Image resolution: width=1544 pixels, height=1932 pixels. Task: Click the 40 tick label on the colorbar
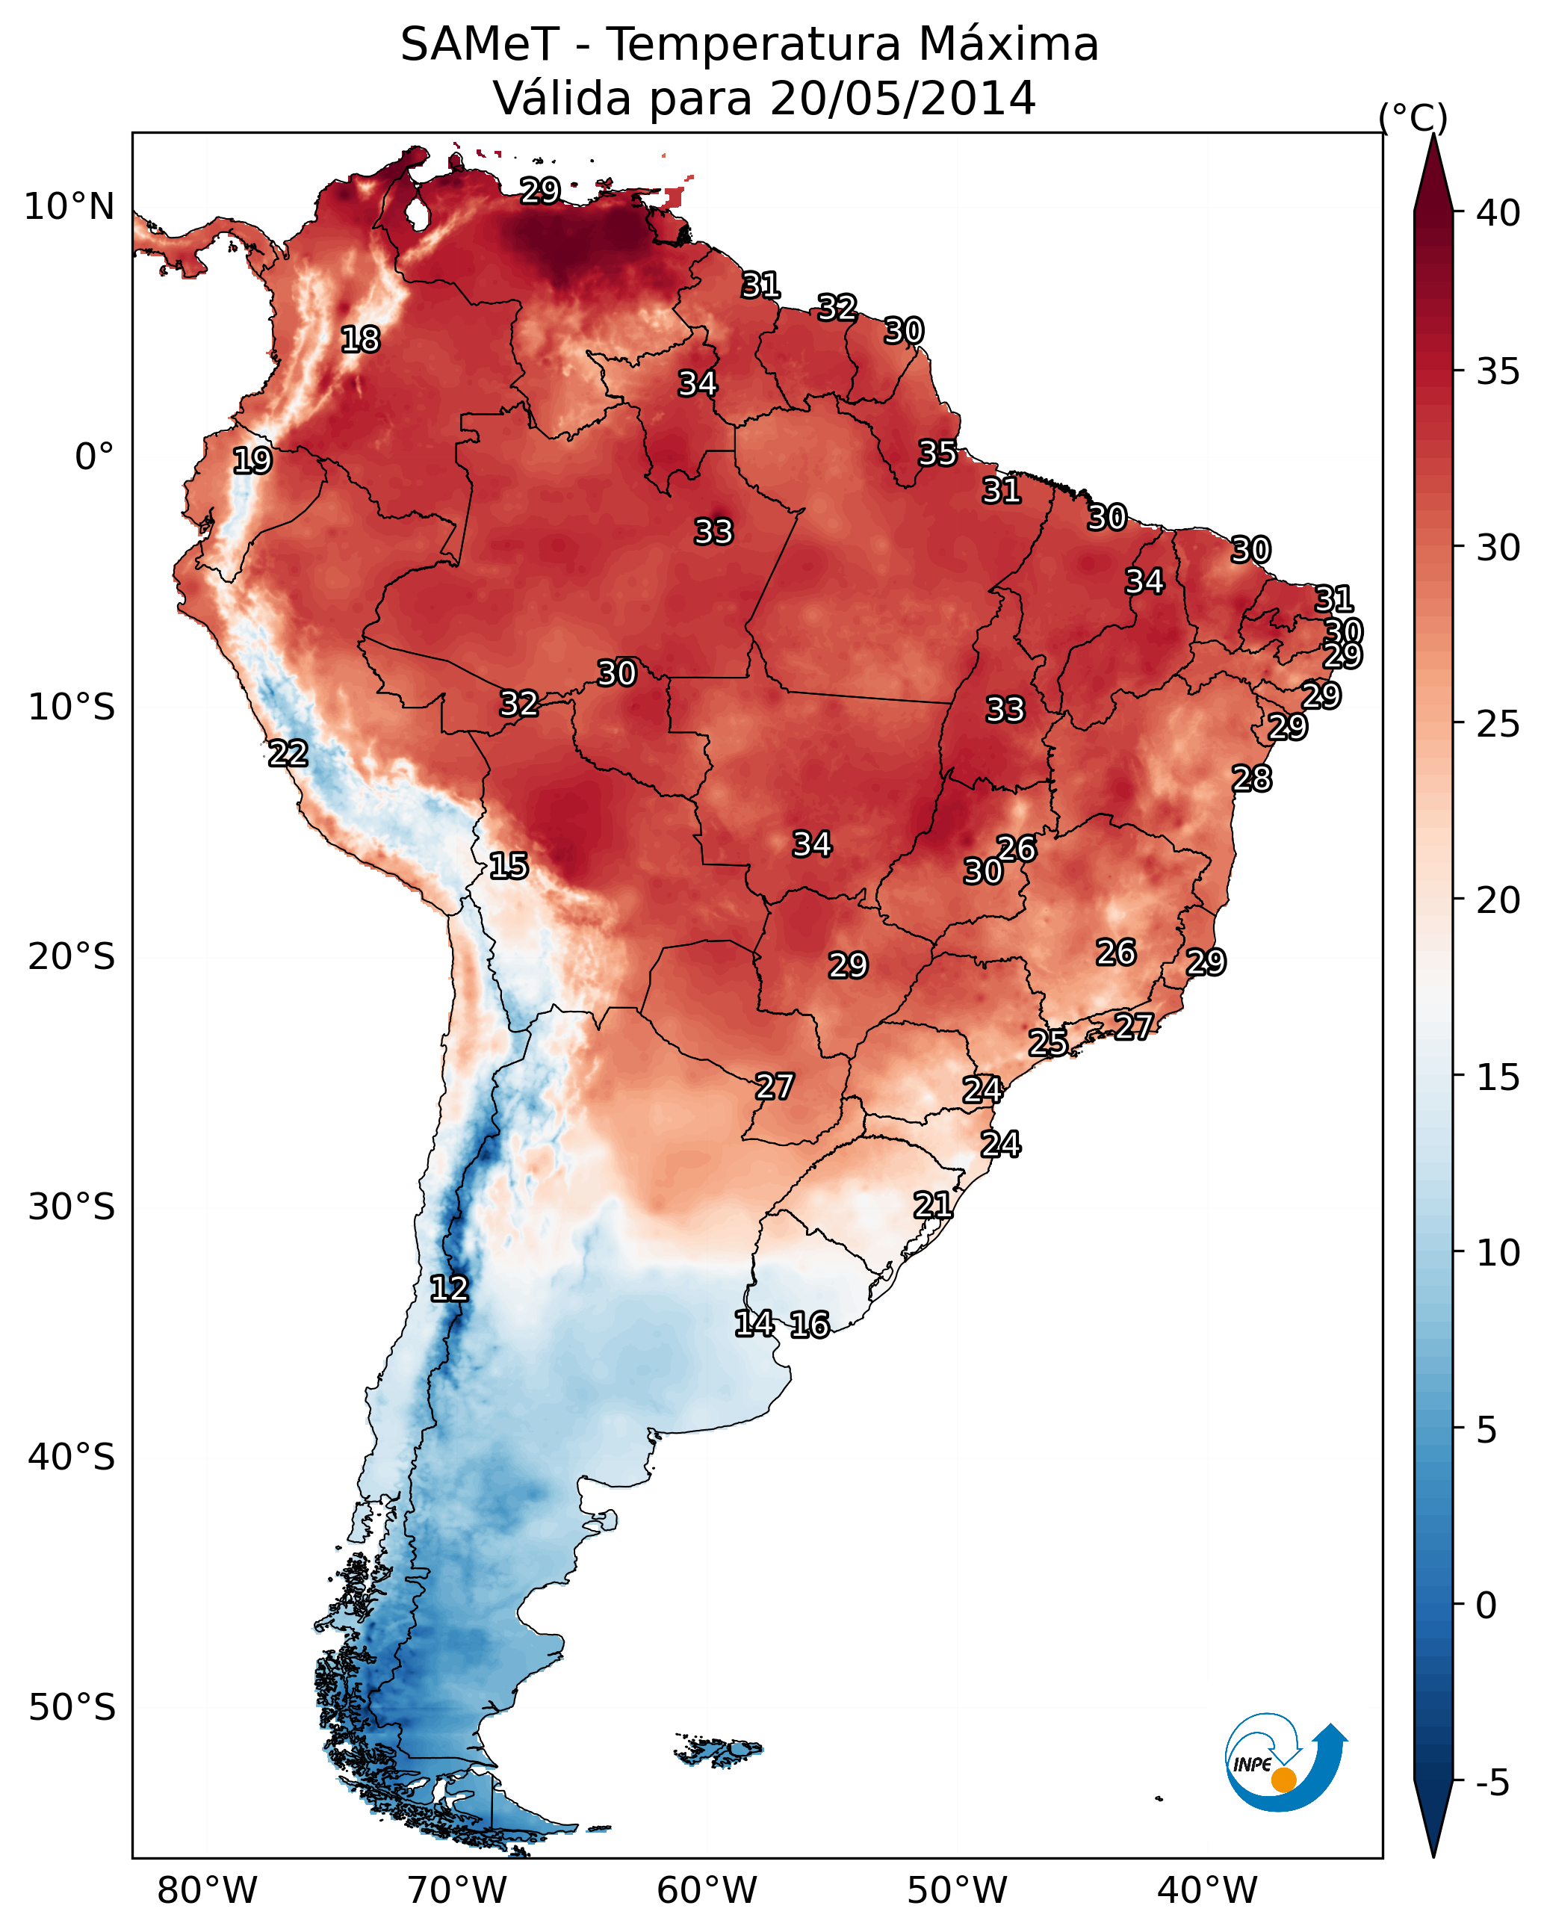pyautogui.click(x=1498, y=213)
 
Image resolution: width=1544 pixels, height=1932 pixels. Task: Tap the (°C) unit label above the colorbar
pyautogui.click(x=1413, y=117)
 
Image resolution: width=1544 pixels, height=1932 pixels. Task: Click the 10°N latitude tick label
pyautogui.click(x=69, y=207)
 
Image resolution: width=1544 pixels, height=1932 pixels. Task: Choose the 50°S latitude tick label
pyautogui.click(x=72, y=1707)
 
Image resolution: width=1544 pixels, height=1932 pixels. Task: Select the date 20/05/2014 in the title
pyautogui.click(x=902, y=99)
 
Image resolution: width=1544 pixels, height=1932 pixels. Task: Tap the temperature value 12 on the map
pyautogui.click(x=449, y=1289)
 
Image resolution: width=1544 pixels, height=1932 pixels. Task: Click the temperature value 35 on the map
pyautogui.click(x=937, y=453)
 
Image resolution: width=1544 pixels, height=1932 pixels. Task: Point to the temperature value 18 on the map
pyautogui.click(x=360, y=340)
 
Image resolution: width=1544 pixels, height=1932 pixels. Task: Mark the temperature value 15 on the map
pyautogui.click(x=508, y=866)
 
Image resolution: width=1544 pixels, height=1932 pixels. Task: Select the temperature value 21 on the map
pyautogui.click(x=933, y=1205)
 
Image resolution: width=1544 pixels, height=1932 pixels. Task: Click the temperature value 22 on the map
pyautogui.click(x=288, y=754)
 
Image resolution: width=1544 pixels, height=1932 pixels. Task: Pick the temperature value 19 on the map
pyautogui.click(x=252, y=461)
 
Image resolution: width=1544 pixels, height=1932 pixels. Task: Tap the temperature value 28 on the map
pyautogui.click(x=1251, y=778)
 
